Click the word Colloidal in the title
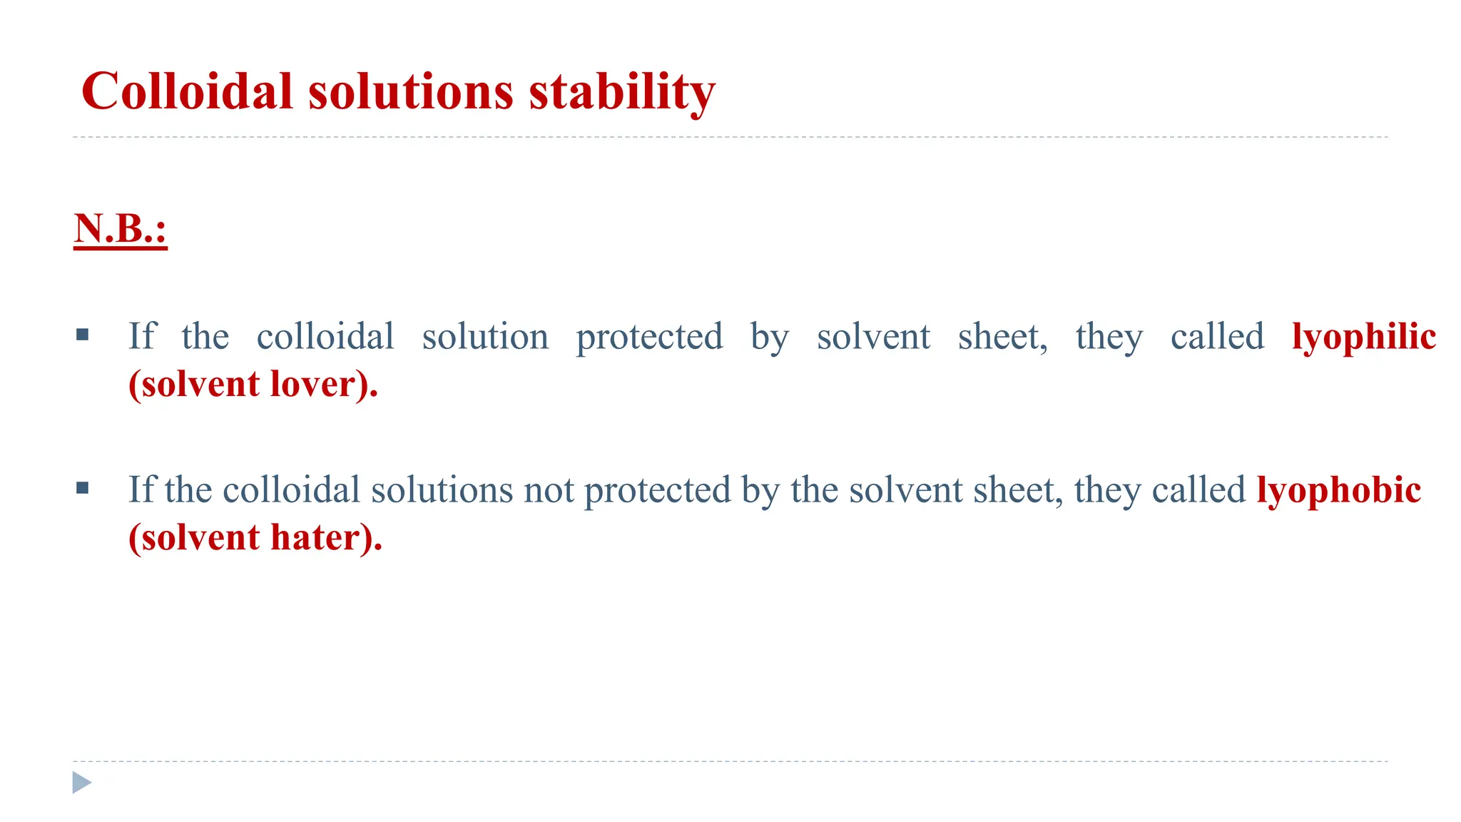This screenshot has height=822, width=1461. (187, 92)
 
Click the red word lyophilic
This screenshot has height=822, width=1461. (1363, 337)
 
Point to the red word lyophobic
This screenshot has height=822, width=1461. (1338, 490)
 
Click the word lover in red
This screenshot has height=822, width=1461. (312, 384)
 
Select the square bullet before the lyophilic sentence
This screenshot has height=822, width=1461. (82, 334)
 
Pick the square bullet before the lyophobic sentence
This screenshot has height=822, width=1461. (82, 487)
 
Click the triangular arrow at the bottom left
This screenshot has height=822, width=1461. (82, 782)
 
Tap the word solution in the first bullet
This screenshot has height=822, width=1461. (485, 337)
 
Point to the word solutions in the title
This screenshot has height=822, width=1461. (410, 92)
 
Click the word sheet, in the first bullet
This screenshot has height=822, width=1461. (1002, 337)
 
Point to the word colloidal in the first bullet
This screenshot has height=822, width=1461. (325, 337)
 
